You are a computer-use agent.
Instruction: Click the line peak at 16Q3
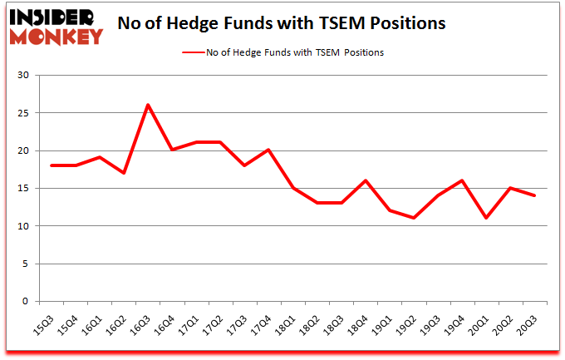148,105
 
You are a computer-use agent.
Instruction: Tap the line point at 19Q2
413,218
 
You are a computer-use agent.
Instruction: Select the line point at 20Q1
485,218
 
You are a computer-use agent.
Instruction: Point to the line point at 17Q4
268,150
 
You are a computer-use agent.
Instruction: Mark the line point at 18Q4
365,180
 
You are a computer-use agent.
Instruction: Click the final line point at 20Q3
534,195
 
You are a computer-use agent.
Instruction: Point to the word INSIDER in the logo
56,16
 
